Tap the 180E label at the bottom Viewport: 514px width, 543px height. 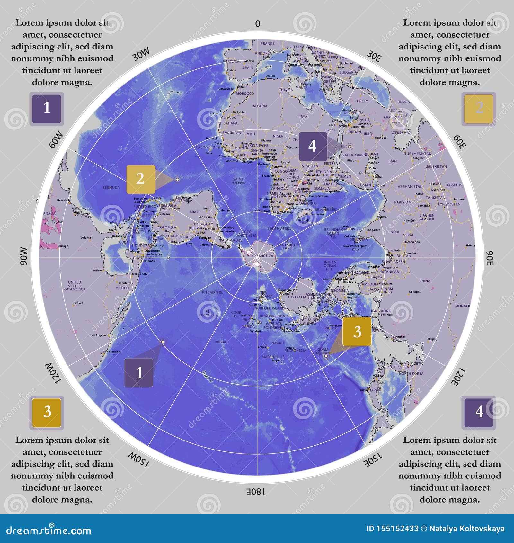point(256,492)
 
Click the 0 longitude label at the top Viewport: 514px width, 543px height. point(257,24)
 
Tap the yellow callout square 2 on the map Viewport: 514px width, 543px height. point(140,179)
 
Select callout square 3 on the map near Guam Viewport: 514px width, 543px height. point(357,332)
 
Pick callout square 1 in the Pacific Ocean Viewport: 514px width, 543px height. point(139,373)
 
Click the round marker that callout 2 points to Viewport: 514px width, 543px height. point(177,179)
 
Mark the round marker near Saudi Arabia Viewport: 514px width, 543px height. point(350,147)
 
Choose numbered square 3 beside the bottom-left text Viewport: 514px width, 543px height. point(47,412)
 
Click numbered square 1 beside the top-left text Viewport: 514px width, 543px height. point(47,108)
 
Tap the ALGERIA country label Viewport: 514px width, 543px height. point(260,106)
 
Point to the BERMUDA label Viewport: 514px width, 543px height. point(111,188)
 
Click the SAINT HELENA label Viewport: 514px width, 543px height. point(238,181)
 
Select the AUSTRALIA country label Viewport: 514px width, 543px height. point(297,297)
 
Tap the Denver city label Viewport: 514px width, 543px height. point(78,303)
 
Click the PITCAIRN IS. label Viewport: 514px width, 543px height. point(212,293)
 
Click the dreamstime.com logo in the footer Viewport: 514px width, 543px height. point(49,530)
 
